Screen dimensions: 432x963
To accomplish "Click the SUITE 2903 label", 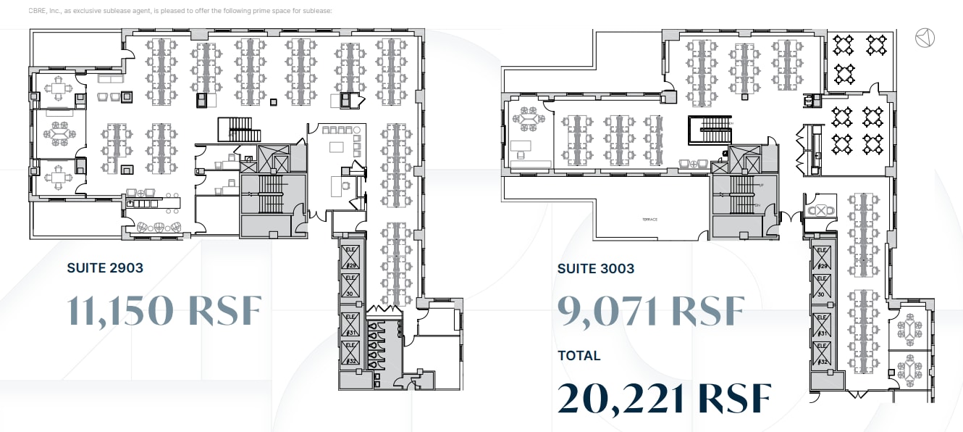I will [105, 268].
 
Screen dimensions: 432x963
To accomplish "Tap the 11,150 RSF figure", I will [164, 310].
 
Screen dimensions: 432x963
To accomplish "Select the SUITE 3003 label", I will [595, 269].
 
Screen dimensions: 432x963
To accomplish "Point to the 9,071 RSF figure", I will [650, 310].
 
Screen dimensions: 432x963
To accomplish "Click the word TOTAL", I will [579, 356].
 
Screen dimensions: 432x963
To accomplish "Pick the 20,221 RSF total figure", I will [664, 398].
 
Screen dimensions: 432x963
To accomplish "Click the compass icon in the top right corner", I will [925, 38].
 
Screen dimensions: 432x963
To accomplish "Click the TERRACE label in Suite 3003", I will [649, 219].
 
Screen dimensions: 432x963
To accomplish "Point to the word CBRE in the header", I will [38, 12].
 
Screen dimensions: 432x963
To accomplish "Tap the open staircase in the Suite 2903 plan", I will [239, 130].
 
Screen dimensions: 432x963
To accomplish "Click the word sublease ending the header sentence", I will [316, 12].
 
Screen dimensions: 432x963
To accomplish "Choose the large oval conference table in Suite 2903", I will [57, 134].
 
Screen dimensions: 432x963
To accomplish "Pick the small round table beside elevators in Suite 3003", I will [820, 210].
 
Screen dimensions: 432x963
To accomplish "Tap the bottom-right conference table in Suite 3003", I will [909, 369].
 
